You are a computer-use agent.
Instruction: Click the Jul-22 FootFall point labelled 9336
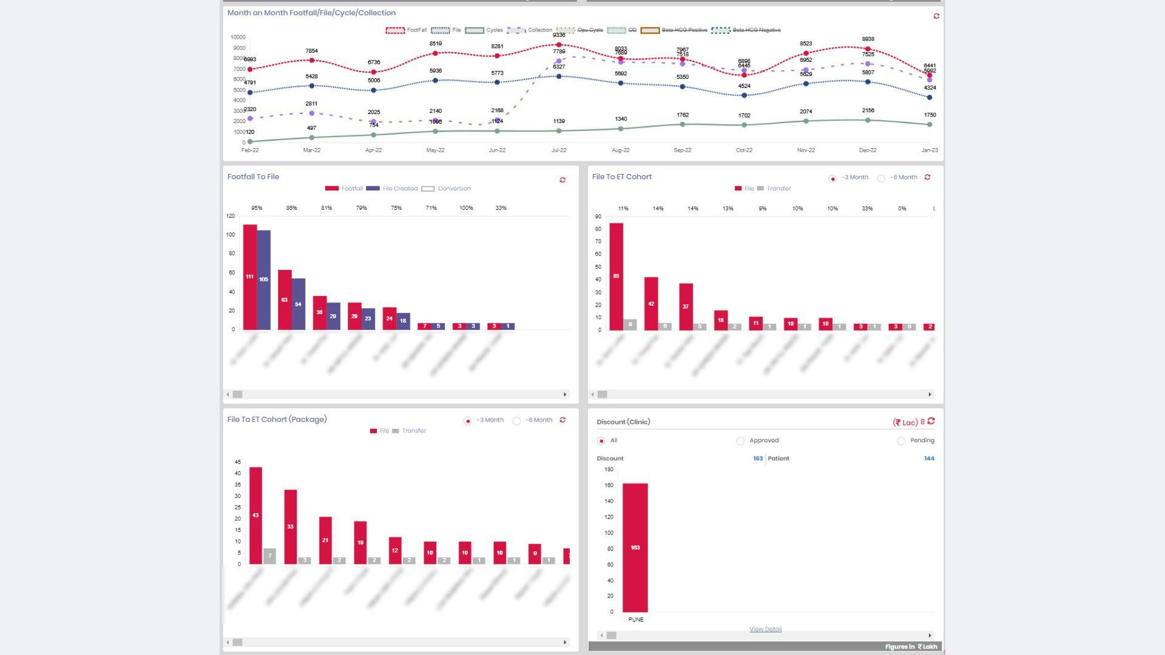point(559,45)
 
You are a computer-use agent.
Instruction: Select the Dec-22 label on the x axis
point(868,150)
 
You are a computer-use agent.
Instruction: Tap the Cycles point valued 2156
point(868,120)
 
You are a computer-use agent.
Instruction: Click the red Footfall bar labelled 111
point(250,277)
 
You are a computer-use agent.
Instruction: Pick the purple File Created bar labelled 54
point(298,304)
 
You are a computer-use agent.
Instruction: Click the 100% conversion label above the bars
point(466,208)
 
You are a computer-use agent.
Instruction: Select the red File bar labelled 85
point(616,276)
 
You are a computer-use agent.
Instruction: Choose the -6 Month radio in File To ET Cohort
point(881,178)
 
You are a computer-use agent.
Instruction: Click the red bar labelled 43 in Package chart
point(255,515)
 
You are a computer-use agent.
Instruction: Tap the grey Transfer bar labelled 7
point(269,556)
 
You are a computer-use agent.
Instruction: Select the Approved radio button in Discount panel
point(740,441)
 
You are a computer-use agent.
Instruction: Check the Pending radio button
point(901,441)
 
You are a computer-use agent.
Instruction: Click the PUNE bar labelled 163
point(635,547)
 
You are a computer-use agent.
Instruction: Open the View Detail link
point(765,629)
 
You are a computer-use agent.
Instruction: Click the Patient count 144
point(928,458)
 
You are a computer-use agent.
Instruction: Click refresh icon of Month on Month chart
point(936,16)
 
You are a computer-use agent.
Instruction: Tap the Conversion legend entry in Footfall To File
point(446,189)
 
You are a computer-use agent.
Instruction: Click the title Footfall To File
point(253,176)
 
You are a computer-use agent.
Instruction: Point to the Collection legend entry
point(530,30)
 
